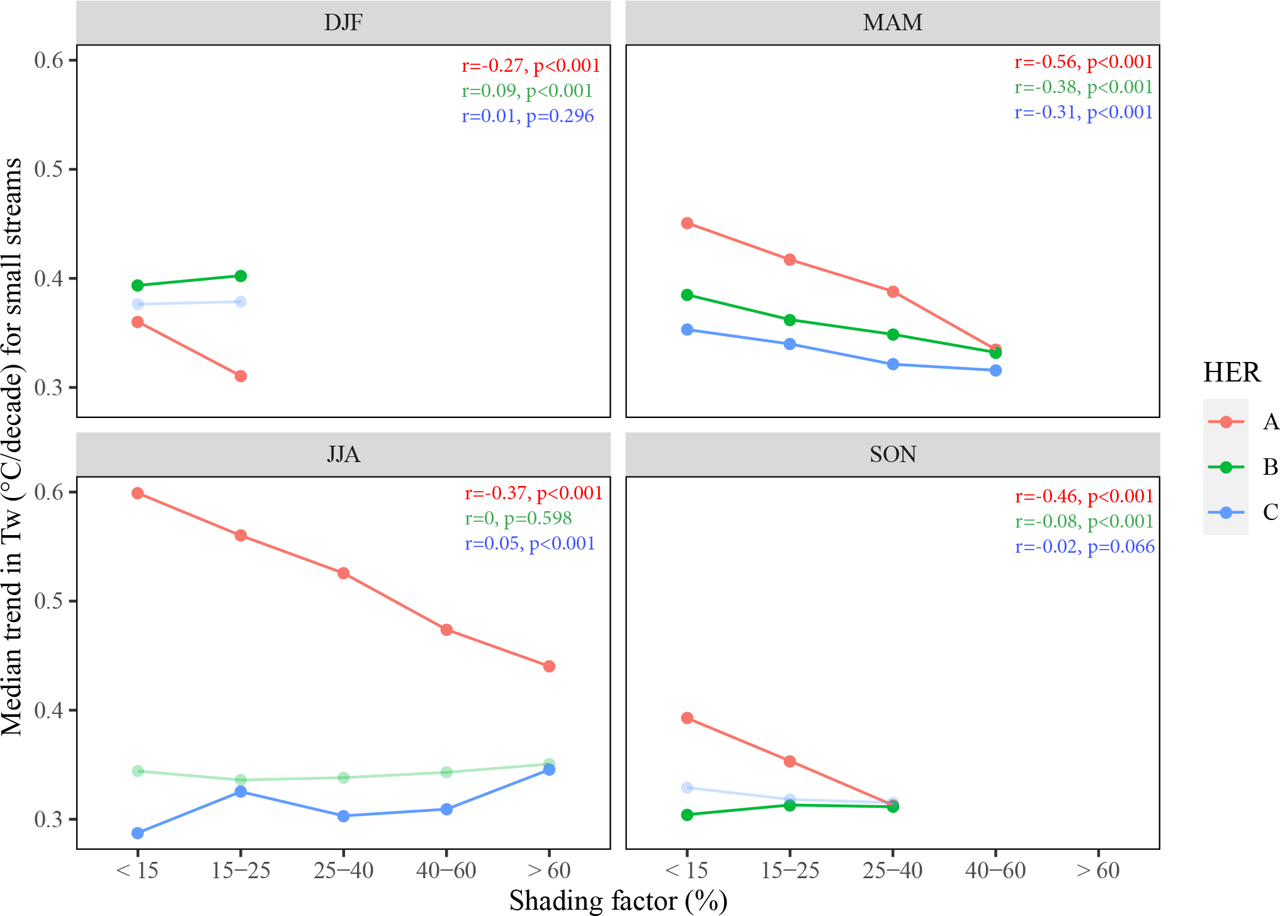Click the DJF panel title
pyautogui.click(x=343, y=23)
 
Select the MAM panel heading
pyautogui.click(x=892, y=23)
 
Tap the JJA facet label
pyautogui.click(x=343, y=454)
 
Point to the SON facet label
pyautogui.click(x=892, y=454)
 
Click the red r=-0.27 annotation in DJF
pyautogui.click(x=530, y=65)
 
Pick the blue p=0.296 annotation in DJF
pyautogui.click(x=528, y=116)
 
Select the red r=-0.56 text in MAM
pyautogui.click(x=1083, y=62)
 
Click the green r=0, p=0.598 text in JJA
pyautogui.click(x=518, y=518)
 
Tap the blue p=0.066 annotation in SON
pyautogui.click(x=1084, y=546)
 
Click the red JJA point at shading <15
pyautogui.click(x=138, y=493)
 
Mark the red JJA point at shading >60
pyautogui.click(x=549, y=666)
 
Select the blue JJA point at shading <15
pyautogui.click(x=138, y=833)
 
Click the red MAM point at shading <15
pyautogui.click(x=687, y=223)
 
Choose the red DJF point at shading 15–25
pyautogui.click(x=241, y=376)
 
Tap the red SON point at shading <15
pyautogui.click(x=687, y=718)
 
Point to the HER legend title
pyautogui.click(x=1232, y=373)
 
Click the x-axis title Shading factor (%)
pyautogui.click(x=618, y=901)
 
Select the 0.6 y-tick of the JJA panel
pyautogui.click(x=48, y=492)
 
